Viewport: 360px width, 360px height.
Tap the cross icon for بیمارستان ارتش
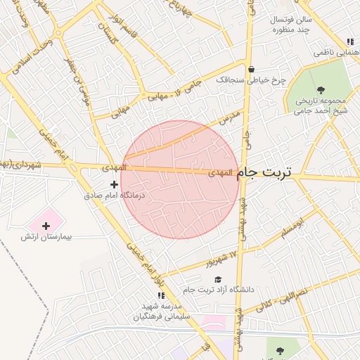point(46,226)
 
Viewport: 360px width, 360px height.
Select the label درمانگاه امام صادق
point(114,195)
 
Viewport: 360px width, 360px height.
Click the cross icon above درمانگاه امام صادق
point(115,184)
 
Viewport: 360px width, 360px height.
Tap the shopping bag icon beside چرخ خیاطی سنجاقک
point(251,69)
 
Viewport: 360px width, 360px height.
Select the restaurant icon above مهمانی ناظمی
point(350,41)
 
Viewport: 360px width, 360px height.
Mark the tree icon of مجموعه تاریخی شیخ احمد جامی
point(321,89)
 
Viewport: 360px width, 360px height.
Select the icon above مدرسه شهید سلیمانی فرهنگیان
point(160,296)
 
